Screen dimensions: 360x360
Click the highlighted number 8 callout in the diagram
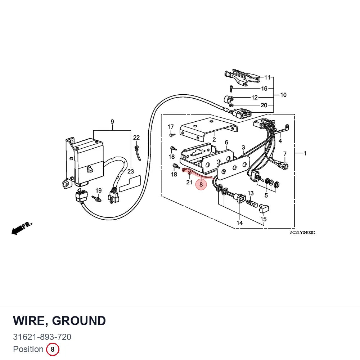pyautogui.click(x=201, y=184)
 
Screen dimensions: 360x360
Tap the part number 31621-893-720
pyautogui.click(x=42, y=337)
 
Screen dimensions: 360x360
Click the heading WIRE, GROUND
pyautogui.click(x=59, y=320)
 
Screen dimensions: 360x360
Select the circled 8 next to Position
pyautogui.click(x=53, y=349)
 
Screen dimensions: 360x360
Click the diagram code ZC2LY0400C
pyautogui.click(x=302, y=233)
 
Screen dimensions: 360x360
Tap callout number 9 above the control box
pyautogui.click(x=112, y=121)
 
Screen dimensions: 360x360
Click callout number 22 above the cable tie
pyautogui.click(x=136, y=137)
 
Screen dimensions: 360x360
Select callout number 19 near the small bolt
pyautogui.click(x=99, y=190)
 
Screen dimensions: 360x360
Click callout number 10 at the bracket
pyautogui.click(x=283, y=95)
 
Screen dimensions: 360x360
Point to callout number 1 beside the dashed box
pyautogui.click(x=305, y=153)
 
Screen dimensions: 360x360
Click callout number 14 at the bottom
pyautogui.click(x=239, y=223)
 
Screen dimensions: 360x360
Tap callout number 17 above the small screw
pyautogui.click(x=171, y=127)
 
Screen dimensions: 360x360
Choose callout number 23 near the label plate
pyautogui.click(x=131, y=171)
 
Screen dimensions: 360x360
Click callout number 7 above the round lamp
pyautogui.click(x=285, y=154)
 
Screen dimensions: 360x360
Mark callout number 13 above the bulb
pyautogui.click(x=251, y=193)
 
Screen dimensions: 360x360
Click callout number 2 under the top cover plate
pyautogui.click(x=214, y=139)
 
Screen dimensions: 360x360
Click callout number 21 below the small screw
pyautogui.click(x=189, y=182)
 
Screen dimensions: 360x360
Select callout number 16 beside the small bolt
pyautogui.click(x=264, y=89)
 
